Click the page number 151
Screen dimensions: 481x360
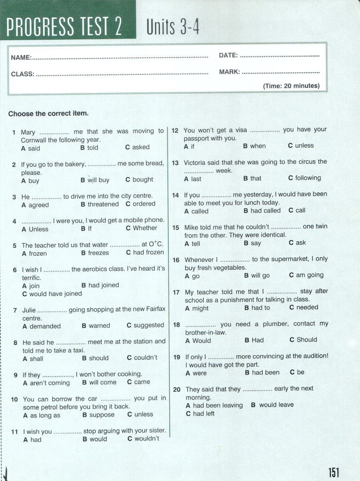coord(334,472)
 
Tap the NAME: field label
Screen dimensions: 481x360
coord(21,57)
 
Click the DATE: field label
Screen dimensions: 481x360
coord(228,55)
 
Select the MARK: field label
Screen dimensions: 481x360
coord(229,72)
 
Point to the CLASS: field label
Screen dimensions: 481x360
coord(23,74)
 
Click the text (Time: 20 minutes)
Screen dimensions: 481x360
coord(291,86)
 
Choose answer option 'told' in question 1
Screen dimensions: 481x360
coord(93,148)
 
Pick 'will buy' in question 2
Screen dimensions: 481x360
coord(98,180)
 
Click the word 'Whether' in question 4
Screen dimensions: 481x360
coord(145,228)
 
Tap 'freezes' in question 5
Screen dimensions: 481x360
coord(98,253)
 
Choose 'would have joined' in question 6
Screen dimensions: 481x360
coord(55,294)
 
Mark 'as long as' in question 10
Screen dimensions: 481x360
coord(45,415)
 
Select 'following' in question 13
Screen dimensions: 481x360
coord(308,178)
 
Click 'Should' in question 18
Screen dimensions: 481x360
coord(307,340)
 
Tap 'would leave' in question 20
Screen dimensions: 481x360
coord(276,405)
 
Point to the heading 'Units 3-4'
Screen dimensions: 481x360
coord(173,27)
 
